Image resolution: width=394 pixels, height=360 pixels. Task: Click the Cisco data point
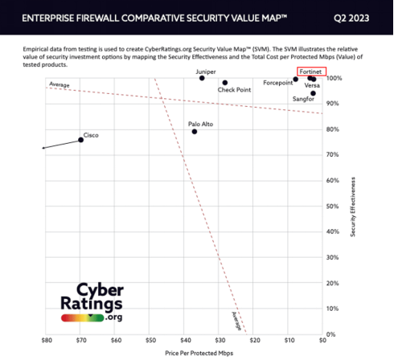coord(80,140)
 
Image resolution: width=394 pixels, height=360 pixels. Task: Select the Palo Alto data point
coord(195,131)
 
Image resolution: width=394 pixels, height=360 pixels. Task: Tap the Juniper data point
coord(202,78)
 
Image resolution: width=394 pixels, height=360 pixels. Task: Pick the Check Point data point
coord(225,83)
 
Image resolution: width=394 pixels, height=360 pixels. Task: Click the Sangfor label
coord(303,98)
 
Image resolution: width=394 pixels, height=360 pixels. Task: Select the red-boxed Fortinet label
coord(310,72)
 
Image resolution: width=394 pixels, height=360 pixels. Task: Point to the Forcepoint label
coord(277,83)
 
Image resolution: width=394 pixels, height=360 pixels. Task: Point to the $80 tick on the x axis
coord(47,340)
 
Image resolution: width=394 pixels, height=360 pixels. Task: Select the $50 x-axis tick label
coord(150,340)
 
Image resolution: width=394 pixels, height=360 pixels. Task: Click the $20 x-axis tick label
coord(254,340)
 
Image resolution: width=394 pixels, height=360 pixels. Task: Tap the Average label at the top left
coord(58,84)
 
